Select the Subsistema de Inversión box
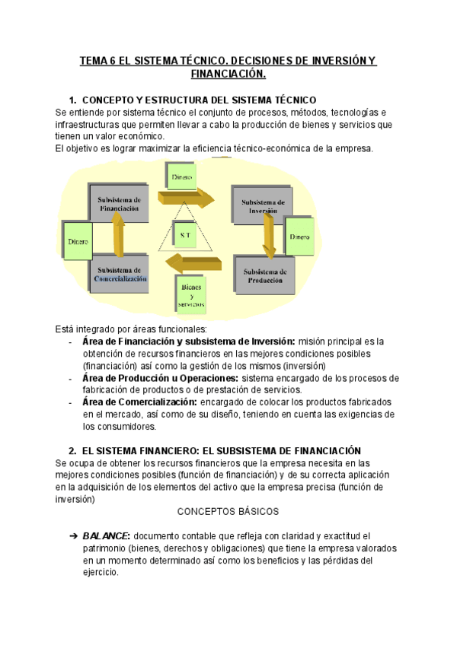(x=264, y=206)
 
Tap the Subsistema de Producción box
(x=264, y=275)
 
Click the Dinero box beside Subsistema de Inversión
(x=300, y=237)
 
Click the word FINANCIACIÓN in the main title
(x=228, y=75)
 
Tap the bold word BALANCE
(x=107, y=535)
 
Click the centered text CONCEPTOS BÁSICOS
(x=228, y=511)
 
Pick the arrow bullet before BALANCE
(x=73, y=535)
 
